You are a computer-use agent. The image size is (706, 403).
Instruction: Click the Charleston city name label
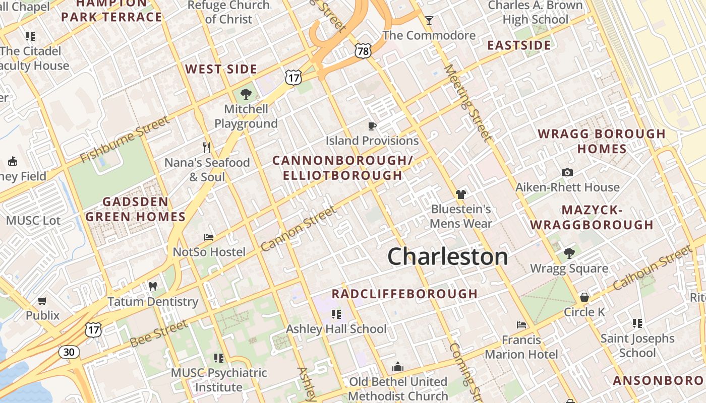coord(447,256)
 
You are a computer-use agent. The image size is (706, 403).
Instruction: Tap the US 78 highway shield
coord(363,50)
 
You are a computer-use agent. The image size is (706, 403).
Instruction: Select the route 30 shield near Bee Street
coord(69,352)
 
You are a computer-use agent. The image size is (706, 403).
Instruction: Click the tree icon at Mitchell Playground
coord(246,94)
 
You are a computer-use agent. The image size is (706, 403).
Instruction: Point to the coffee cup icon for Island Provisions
coord(372,126)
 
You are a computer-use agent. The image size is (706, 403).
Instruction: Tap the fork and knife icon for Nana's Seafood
coord(206,147)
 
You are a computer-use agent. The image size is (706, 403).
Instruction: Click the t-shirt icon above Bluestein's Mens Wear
coord(460,194)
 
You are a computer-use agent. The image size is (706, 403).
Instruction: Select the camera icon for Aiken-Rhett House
coord(567,172)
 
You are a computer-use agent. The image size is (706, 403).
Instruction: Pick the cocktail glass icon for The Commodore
coord(429,21)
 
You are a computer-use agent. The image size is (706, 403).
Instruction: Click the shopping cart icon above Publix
coord(42,301)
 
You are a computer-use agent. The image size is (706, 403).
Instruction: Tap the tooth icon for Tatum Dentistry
coord(153,287)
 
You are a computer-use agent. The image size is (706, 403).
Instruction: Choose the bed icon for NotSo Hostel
coord(209,237)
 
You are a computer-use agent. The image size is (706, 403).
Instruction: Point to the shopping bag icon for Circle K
coord(584,297)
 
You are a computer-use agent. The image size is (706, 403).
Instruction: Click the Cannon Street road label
coord(298,229)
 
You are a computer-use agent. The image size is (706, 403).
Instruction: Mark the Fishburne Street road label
coord(125,140)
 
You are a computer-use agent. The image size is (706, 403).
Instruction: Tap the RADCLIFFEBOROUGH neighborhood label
coord(404,294)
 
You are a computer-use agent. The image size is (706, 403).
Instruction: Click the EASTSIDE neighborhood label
coord(519,45)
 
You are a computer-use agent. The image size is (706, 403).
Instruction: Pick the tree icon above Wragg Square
coord(569,253)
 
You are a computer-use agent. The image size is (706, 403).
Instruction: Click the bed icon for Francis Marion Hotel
coord(521,325)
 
